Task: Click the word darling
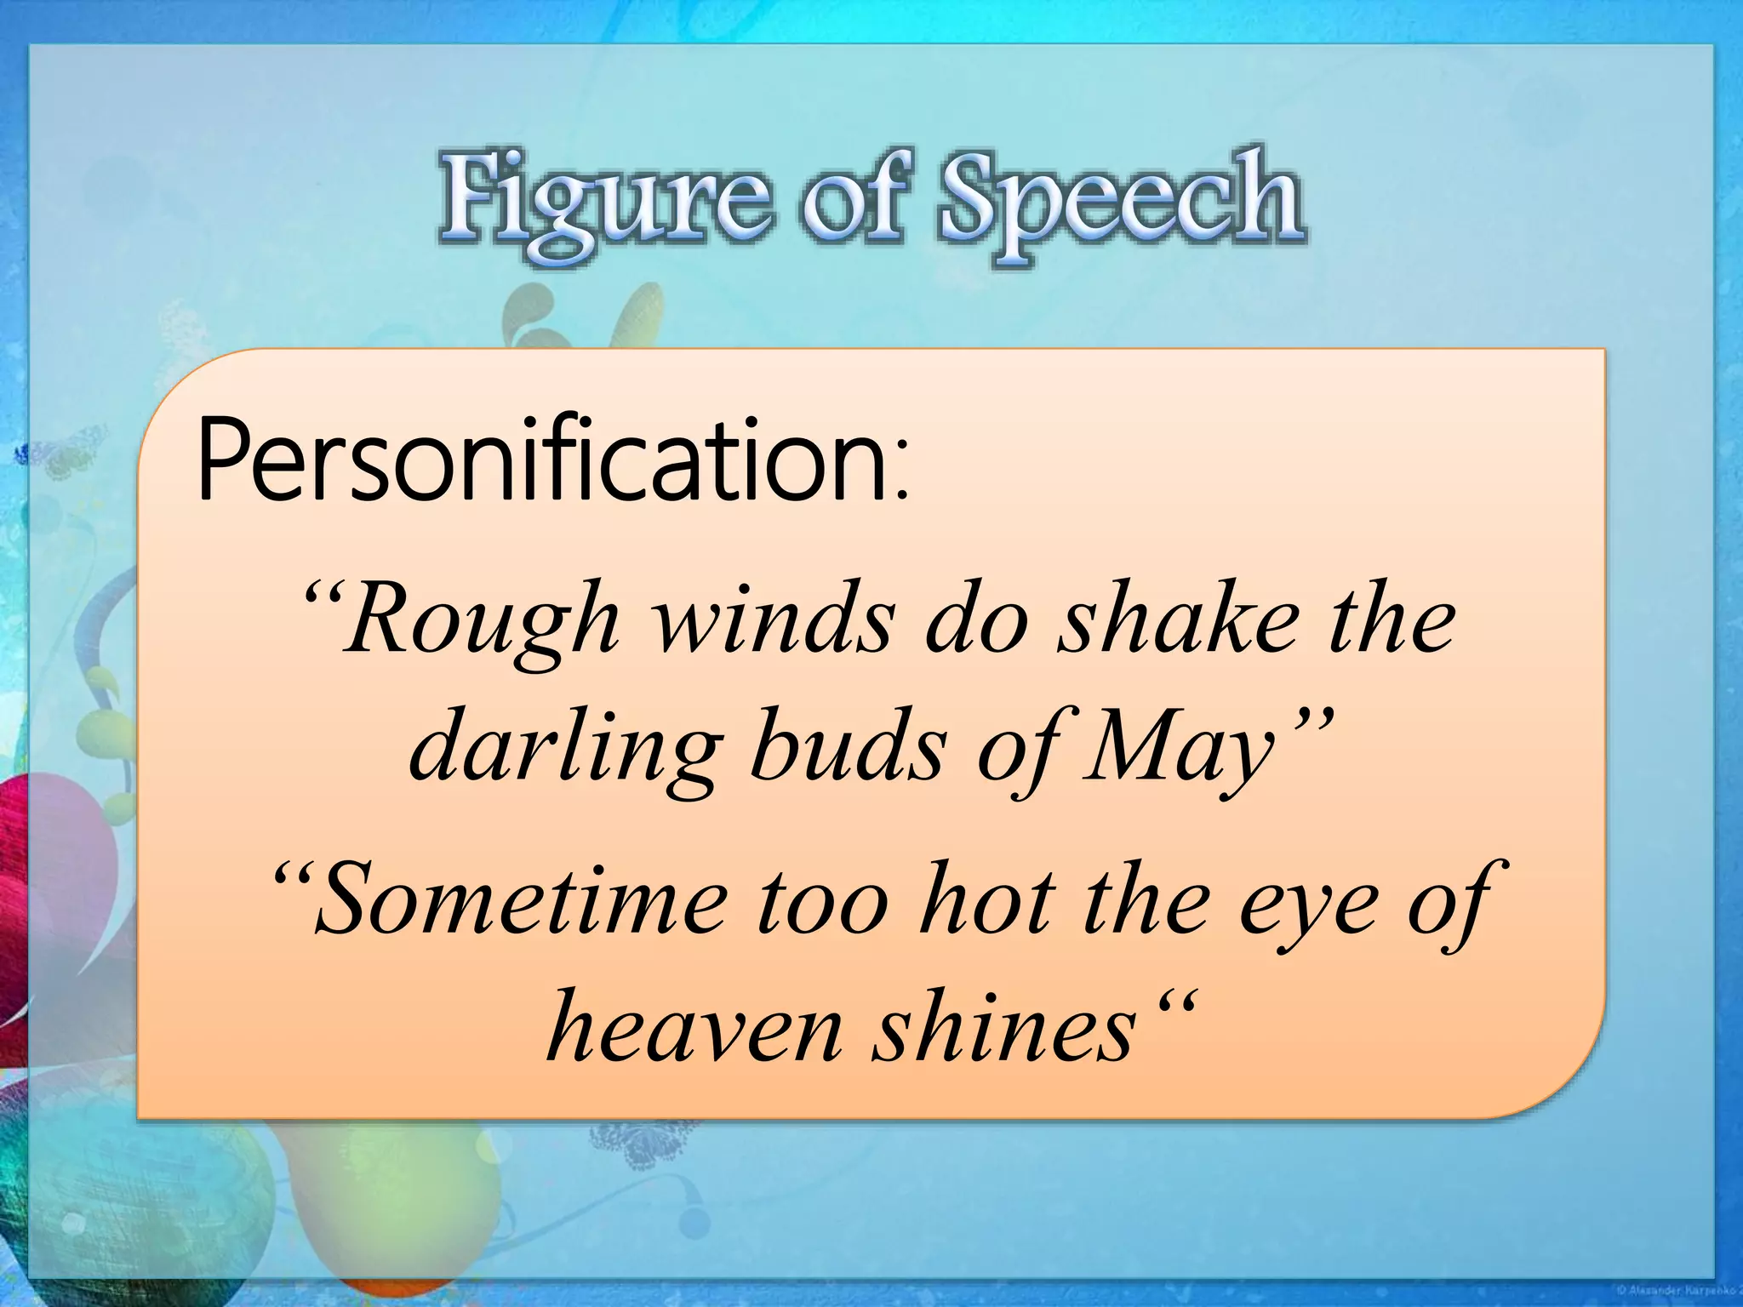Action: [x=562, y=748]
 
